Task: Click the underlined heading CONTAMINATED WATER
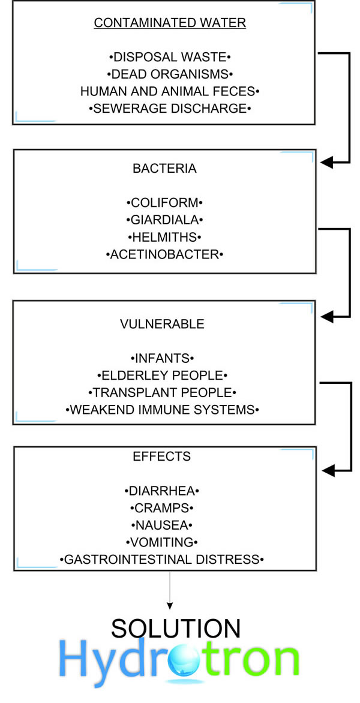170,23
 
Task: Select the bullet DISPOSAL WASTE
170,58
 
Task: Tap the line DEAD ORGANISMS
170,74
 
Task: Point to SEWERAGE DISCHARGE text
170,109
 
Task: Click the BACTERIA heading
164,169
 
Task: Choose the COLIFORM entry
164,203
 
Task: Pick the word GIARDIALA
164,220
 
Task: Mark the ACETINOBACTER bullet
164,255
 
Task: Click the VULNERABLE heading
162,324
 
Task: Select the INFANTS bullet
162,359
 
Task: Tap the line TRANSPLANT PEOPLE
162,393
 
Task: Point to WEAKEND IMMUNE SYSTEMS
162,410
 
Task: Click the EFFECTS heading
162,456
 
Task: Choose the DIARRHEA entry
162,491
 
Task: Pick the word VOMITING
162,542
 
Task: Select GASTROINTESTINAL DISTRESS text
162,560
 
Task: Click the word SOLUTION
176,629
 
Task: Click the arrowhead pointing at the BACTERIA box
327,163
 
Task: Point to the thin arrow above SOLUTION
169,590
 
